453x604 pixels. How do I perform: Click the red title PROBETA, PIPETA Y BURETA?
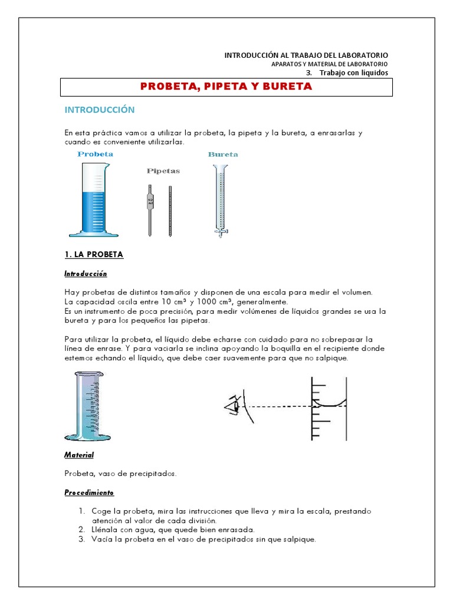[x=226, y=87]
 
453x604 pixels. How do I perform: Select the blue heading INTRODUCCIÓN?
[x=99, y=110]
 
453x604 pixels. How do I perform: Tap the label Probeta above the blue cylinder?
[x=95, y=154]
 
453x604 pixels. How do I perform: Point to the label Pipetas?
[x=163, y=171]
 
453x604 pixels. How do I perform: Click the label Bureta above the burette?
[x=223, y=155]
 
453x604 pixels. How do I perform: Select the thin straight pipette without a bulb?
[x=170, y=209]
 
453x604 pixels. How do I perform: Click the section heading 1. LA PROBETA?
[x=94, y=255]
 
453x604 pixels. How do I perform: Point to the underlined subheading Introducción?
[x=86, y=274]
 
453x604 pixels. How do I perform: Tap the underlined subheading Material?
[x=79, y=455]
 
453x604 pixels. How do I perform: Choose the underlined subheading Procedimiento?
[x=89, y=493]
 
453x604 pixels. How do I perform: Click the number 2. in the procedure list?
[x=82, y=530]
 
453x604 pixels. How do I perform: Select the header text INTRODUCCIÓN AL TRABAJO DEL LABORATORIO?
[x=306, y=55]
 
